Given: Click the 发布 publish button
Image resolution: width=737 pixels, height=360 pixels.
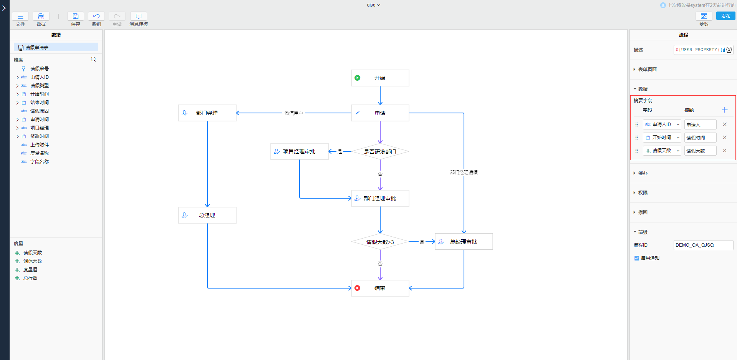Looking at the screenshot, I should click(725, 16).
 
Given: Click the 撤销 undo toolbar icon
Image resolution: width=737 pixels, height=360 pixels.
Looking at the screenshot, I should click(96, 16).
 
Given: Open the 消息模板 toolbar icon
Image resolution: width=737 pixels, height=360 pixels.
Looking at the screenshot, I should click(139, 16).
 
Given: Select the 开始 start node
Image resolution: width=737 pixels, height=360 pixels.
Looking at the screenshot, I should click(380, 78).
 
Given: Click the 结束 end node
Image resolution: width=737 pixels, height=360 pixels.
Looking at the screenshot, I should click(380, 288).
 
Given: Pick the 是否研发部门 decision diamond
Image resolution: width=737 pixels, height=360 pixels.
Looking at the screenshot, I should click(380, 152).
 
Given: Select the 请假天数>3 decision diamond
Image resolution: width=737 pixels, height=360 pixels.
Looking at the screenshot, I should click(380, 242).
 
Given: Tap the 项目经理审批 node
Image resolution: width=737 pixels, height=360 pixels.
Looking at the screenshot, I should click(299, 151).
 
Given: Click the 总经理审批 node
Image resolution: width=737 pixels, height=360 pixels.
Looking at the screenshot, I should click(464, 242).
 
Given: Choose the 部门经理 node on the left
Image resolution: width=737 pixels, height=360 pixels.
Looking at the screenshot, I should click(207, 113).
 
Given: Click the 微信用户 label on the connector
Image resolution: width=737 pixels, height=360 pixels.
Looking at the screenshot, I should click(294, 113).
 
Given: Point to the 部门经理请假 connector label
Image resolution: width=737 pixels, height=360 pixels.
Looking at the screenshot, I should click(464, 173).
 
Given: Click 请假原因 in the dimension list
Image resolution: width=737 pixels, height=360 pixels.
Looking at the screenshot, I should click(40, 111).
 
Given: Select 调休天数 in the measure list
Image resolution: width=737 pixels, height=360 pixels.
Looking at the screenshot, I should click(33, 261).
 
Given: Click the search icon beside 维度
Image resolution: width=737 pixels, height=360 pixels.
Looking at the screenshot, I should click(93, 59).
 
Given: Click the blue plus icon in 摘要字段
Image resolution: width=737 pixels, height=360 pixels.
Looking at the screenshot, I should click(725, 110).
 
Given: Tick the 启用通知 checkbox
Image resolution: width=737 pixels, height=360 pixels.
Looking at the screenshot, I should click(637, 258).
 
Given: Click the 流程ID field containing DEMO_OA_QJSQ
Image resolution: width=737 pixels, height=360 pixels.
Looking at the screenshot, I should click(703, 245).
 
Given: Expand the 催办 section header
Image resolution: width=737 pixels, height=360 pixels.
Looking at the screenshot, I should click(643, 173).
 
